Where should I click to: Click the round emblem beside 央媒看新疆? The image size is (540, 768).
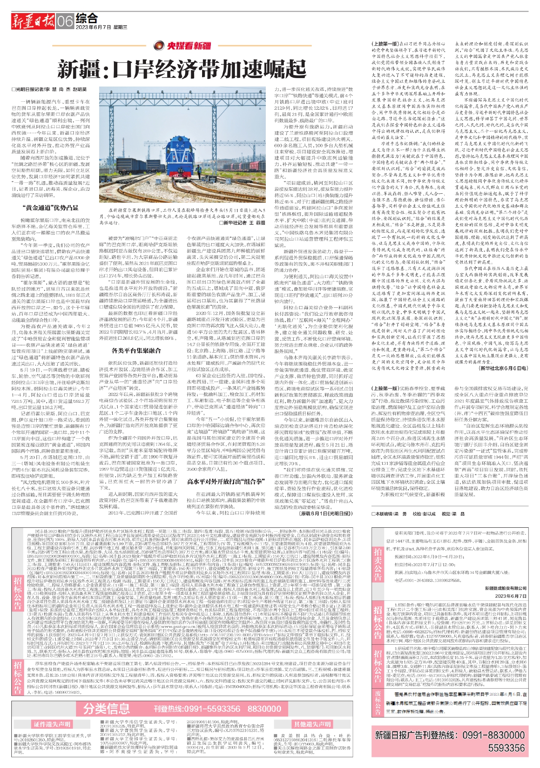[159, 46]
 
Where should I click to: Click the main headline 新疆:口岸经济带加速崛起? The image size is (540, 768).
[182, 69]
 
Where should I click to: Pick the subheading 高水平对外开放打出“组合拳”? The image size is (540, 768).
[226, 481]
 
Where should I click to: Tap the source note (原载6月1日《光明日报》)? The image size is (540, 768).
[326, 513]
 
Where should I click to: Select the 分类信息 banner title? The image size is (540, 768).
[106, 708]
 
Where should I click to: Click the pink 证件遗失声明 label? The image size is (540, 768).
[52, 724]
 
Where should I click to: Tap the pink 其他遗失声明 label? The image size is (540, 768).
[312, 724]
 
